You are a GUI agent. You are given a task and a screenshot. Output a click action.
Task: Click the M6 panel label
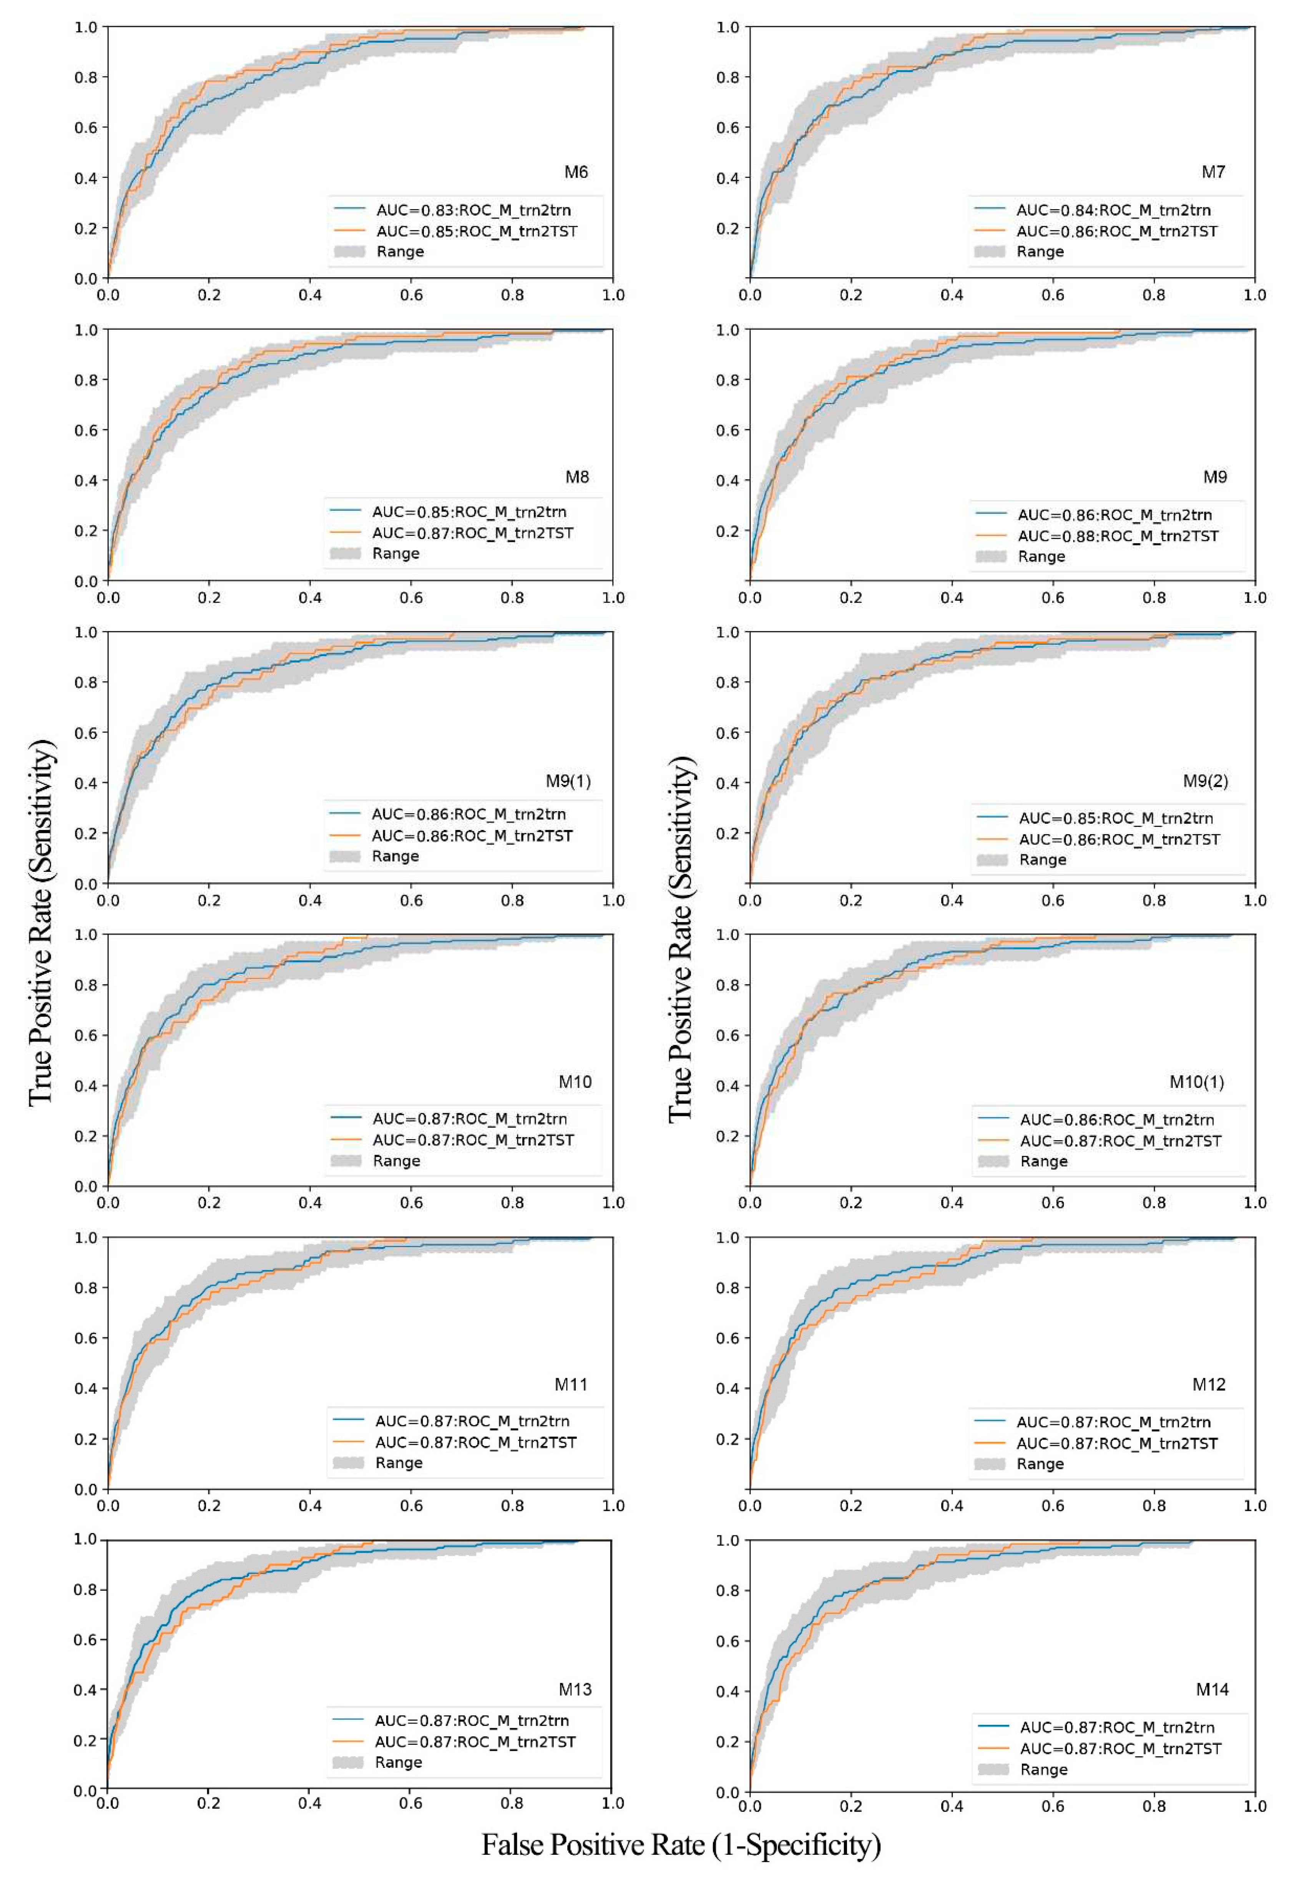tap(576, 172)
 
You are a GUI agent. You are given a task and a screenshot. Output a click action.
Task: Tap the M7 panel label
tap(1213, 172)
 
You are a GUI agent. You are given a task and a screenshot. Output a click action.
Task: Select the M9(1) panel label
tap(568, 781)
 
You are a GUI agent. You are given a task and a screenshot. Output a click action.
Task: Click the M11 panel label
tap(571, 1384)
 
